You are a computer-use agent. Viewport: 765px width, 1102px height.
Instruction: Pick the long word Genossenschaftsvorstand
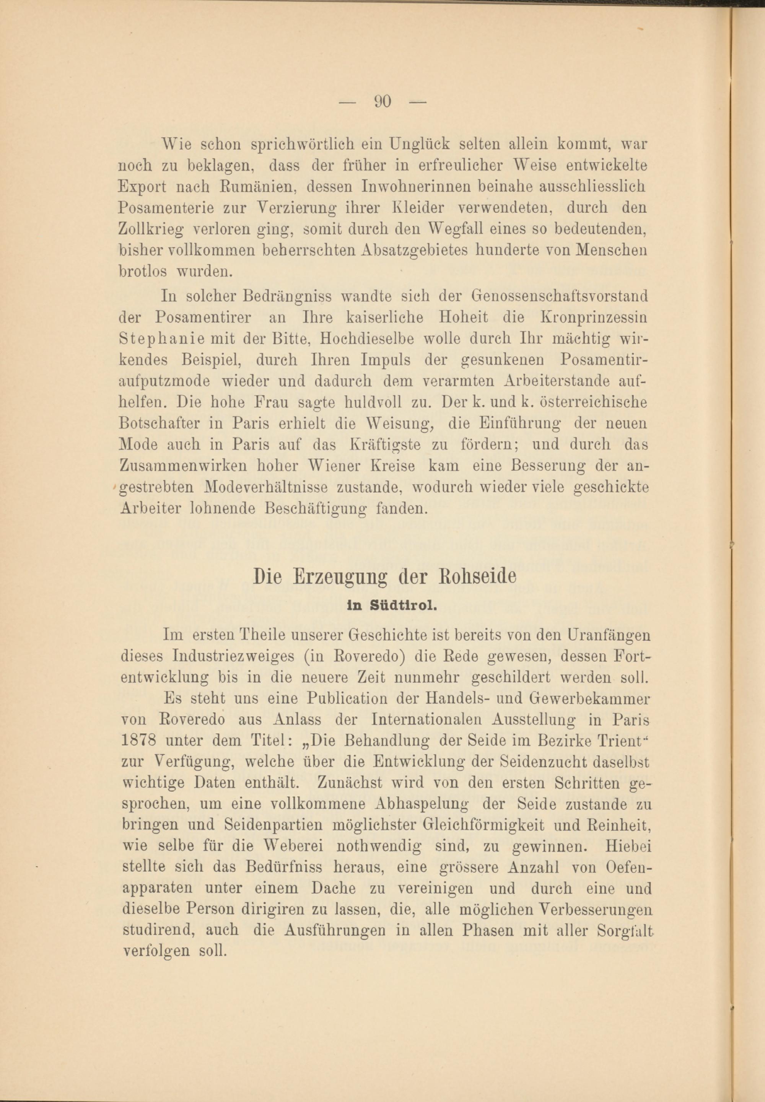point(560,296)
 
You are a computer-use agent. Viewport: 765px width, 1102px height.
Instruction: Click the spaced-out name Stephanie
point(161,339)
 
